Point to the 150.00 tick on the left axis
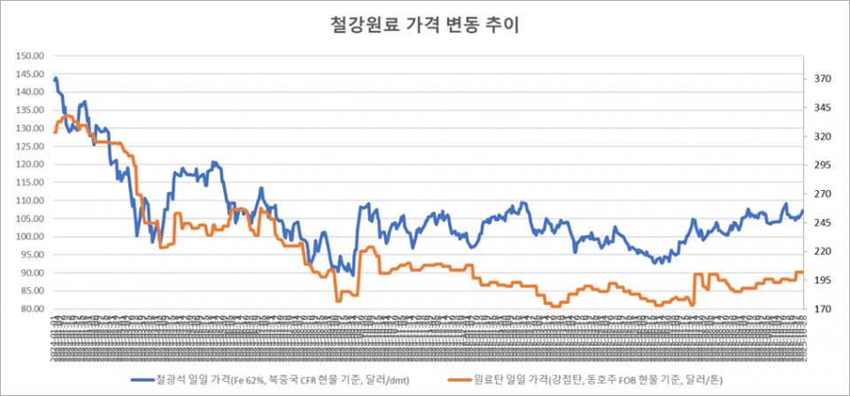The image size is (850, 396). pos(30,56)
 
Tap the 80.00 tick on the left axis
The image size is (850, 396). pos(32,309)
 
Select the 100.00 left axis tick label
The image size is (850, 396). pos(30,237)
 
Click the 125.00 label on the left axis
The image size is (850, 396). pos(30,146)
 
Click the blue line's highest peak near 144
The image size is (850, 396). pos(56,79)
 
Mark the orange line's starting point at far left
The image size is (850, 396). pos(55,132)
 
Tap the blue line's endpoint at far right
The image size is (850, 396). pos(802,210)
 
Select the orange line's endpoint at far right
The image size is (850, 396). pos(802,272)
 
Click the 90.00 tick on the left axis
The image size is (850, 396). pos(32,273)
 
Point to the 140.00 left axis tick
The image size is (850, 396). pos(30,92)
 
